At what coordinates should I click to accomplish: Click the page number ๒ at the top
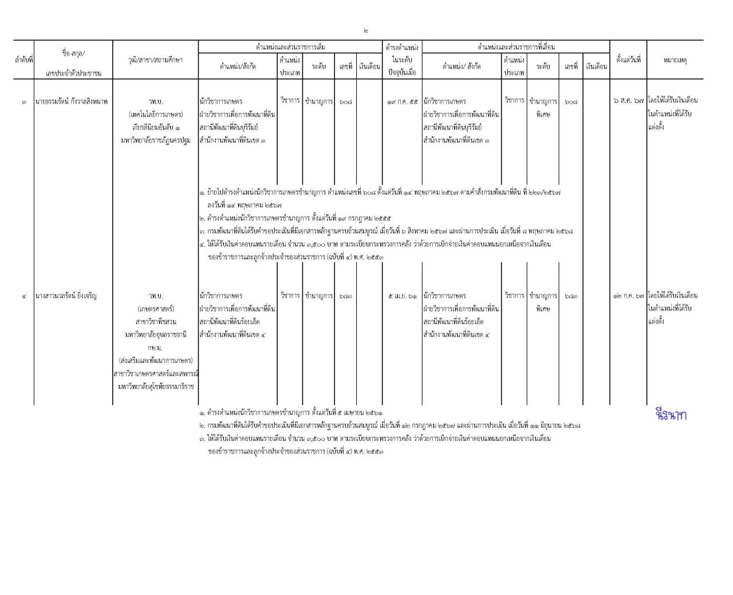coord(365,31)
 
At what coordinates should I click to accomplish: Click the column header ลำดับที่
coord(23,60)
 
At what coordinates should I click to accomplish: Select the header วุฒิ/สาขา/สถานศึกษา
coord(155,60)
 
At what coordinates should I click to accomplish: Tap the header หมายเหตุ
coord(675,60)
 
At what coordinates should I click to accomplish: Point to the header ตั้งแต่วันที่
coord(628,59)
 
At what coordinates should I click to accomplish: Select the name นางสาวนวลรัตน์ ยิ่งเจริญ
coord(66,296)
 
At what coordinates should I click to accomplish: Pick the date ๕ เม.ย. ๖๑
coord(403,296)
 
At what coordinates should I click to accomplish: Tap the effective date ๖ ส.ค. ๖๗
coord(628,101)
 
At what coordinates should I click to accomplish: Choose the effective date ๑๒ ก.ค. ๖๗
coord(628,296)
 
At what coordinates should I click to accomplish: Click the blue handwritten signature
coord(671,415)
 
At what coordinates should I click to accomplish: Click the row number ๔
coord(24,296)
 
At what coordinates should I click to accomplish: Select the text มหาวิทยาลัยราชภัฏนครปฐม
coord(155,140)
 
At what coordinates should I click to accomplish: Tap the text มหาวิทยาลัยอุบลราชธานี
coord(155,334)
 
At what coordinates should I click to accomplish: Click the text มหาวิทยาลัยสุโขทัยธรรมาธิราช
coord(155,387)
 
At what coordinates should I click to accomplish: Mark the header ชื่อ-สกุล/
coord(73,53)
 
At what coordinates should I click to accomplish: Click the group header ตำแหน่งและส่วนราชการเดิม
coord(290,47)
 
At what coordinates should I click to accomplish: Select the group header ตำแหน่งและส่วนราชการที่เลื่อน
coord(516,47)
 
